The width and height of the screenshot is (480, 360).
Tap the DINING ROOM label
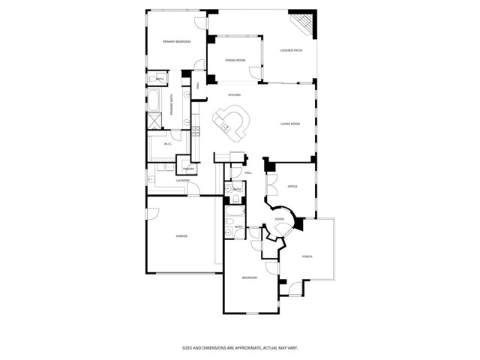tap(236, 60)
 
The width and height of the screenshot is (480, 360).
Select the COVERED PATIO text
tap(291, 50)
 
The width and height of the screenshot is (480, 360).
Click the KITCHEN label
tap(234, 95)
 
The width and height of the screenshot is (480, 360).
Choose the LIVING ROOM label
tap(290, 124)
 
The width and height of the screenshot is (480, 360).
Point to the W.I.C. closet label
tap(169, 144)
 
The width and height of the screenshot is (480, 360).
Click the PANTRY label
tap(189, 169)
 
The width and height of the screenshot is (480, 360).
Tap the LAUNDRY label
tap(182, 181)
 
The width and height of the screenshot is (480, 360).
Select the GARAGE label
tap(181, 235)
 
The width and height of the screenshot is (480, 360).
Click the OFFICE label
tap(292, 186)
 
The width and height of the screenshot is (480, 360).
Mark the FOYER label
tap(279, 220)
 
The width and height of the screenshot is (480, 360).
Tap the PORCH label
tap(307, 256)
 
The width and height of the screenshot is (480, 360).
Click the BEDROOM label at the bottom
tap(249, 277)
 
